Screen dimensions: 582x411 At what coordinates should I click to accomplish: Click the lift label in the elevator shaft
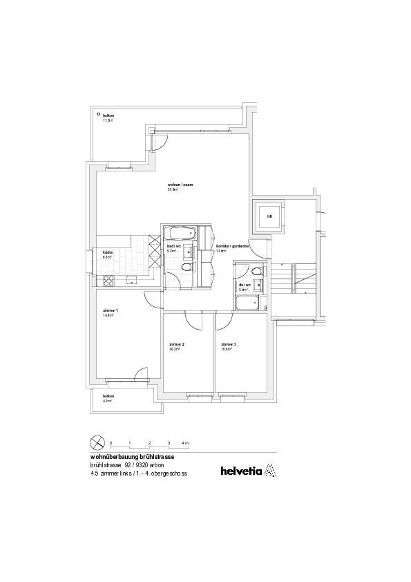pyautogui.click(x=269, y=216)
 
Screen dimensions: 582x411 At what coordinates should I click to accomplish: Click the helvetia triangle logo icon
pyautogui.click(x=270, y=471)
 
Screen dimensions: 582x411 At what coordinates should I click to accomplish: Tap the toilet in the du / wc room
pyautogui.click(x=257, y=271)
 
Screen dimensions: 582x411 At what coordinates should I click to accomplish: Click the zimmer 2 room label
pyautogui.click(x=177, y=344)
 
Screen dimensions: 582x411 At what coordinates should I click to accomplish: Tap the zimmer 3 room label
pyautogui.click(x=229, y=344)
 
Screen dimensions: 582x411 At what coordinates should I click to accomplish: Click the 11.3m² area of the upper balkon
pyautogui.click(x=108, y=120)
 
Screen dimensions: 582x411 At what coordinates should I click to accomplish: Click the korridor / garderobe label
pyautogui.click(x=232, y=246)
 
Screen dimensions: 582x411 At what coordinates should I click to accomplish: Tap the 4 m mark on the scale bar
pyautogui.click(x=184, y=442)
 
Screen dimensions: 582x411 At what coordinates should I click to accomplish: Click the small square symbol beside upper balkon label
pyautogui.click(x=99, y=115)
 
